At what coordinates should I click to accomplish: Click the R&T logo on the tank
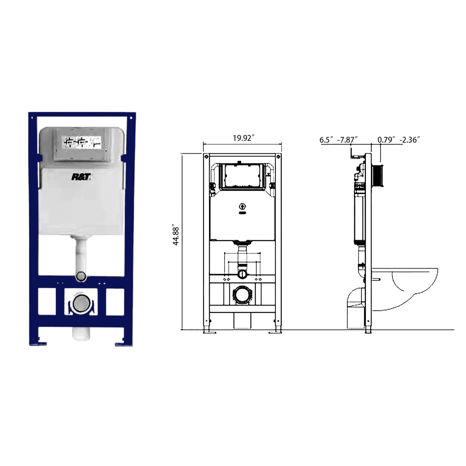coord(81,177)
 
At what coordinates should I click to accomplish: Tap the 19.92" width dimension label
coord(244,138)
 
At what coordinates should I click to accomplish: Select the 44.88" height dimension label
coord(176,236)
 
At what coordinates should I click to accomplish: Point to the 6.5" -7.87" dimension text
coord(339,140)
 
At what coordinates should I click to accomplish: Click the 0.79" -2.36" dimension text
coord(399,140)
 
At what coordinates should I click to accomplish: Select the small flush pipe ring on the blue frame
coord(81,276)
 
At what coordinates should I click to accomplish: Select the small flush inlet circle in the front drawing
coord(243,274)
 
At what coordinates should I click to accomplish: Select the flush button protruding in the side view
coord(378,176)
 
